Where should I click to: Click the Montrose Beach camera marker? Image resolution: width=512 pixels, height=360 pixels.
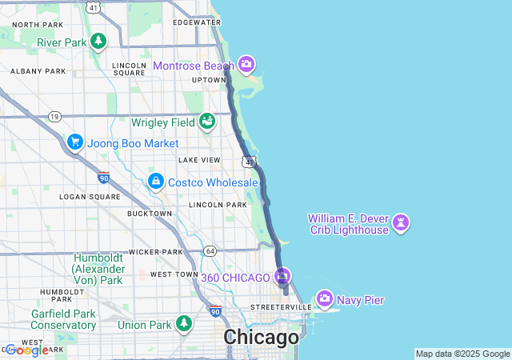pos(246,64)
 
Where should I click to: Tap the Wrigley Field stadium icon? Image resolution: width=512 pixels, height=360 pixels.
pos(208,122)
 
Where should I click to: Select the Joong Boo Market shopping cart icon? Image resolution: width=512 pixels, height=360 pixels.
pos(75,142)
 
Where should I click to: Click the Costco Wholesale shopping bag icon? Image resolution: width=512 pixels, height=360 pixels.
pos(156,182)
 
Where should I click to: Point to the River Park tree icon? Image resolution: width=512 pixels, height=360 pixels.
pos(98,41)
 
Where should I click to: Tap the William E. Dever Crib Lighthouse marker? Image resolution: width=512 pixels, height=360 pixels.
pos(402,223)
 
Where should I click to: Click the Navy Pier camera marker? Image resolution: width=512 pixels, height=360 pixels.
pos(325,299)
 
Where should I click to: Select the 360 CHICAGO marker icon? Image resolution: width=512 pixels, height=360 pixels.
pos(282,278)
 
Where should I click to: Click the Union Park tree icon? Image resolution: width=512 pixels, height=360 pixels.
pos(185,324)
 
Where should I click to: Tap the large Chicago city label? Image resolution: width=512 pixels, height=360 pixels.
pos(261,338)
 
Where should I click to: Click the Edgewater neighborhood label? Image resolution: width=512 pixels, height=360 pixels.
pos(195,22)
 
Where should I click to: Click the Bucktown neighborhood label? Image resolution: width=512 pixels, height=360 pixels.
pos(150,214)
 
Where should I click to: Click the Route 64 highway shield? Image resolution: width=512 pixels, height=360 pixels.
pos(210,251)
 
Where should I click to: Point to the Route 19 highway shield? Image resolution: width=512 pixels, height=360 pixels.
pos(54,117)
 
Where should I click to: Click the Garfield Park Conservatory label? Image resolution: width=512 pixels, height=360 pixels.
pos(63,319)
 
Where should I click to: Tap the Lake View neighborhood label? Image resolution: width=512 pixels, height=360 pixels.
pos(199,160)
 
